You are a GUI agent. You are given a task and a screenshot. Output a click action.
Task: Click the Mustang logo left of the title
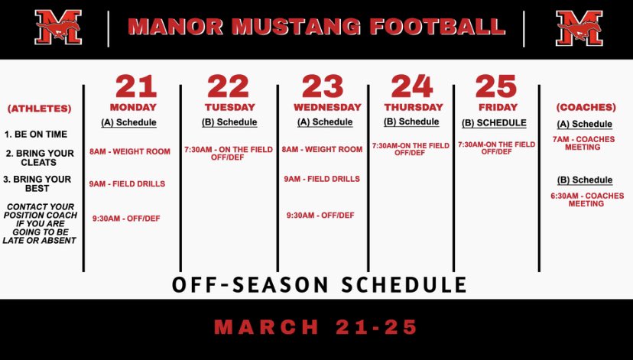pyautogui.click(x=58, y=28)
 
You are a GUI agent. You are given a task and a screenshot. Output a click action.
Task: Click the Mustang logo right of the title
pyautogui.click(x=579, y=28)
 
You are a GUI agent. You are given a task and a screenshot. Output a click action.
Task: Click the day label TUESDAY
pyautogui.click(x=229, y=107)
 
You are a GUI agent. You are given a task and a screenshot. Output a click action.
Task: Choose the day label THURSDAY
pyautogui.click(x=413, y=107)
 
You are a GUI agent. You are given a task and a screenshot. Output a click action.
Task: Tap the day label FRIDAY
pyautogui.click(x=496, y=107)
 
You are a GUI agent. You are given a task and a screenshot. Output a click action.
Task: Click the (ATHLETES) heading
pyautogui.click(x=39, y=109)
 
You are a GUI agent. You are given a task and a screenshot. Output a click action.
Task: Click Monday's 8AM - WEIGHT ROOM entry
pyautogui.click(x=130, y=151)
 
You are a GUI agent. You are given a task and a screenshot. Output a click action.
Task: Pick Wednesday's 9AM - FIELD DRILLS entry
pyautogui.click(x=321, y=179)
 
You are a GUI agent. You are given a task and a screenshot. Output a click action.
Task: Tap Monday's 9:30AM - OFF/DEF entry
pyautogui.click(x=126, y=218)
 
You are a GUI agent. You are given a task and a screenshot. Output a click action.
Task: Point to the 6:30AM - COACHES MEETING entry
pyautogui.click(x=587, y=199)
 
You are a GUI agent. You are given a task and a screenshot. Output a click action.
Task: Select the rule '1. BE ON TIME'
pyautogui.click(x=35, y=134)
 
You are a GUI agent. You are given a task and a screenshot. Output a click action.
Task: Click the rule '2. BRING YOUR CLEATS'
pyautogui.click(x=40, y=157)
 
